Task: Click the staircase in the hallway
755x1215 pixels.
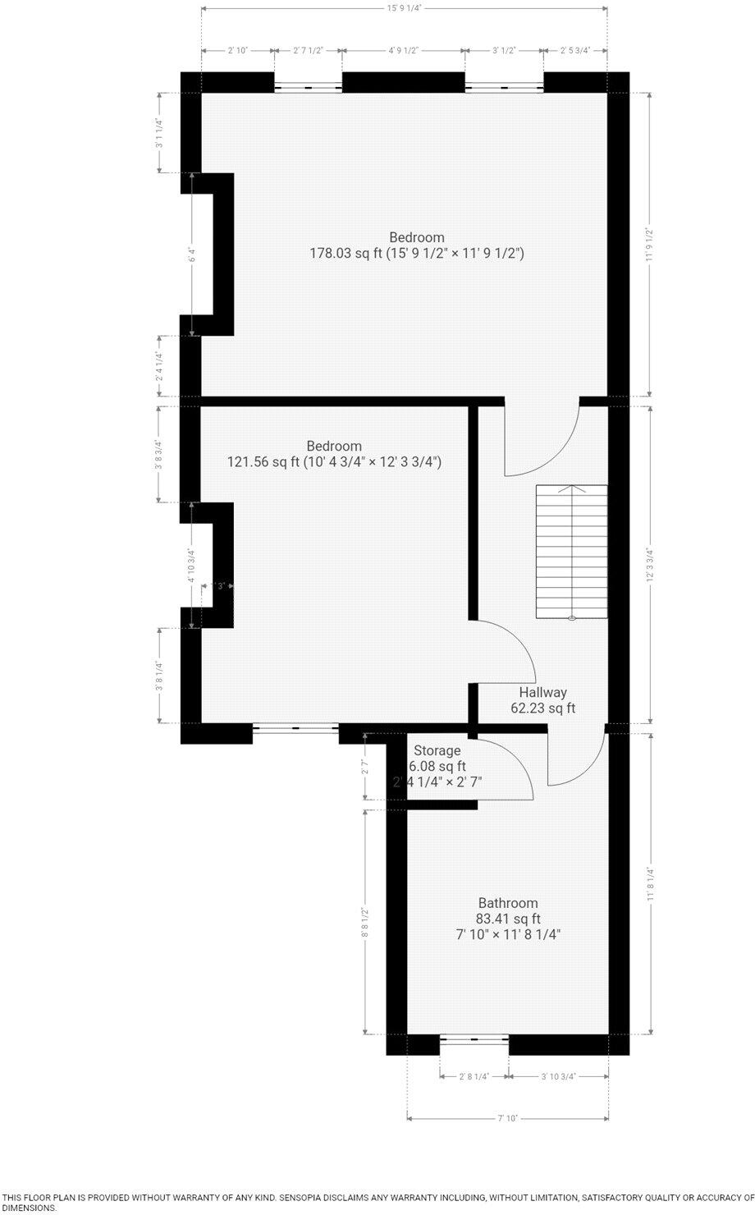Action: pos(572,552)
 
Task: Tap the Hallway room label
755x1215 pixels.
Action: pos(542,692)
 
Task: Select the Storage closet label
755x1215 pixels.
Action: pos(437,750)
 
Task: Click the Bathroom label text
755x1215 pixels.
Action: pos(508,902)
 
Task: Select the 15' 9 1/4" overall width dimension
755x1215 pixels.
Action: pos(404,8)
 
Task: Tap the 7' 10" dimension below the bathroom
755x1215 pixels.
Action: pos(507,1118)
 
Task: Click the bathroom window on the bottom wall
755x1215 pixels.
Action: pos(474,1039)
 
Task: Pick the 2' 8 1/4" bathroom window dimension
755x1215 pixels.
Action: pos(474,1076)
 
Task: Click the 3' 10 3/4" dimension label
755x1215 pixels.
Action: pos(558,1076)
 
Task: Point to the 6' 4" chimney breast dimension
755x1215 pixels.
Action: pos(192,254)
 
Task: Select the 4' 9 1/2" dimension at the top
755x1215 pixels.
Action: pos(403,51)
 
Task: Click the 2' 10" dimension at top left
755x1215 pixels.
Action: pos(237,51)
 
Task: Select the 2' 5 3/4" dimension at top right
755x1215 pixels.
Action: pos(574,51)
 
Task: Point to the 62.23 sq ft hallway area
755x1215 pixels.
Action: pos(542,708)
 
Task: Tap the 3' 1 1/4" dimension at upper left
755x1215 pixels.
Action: pos(159,133)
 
